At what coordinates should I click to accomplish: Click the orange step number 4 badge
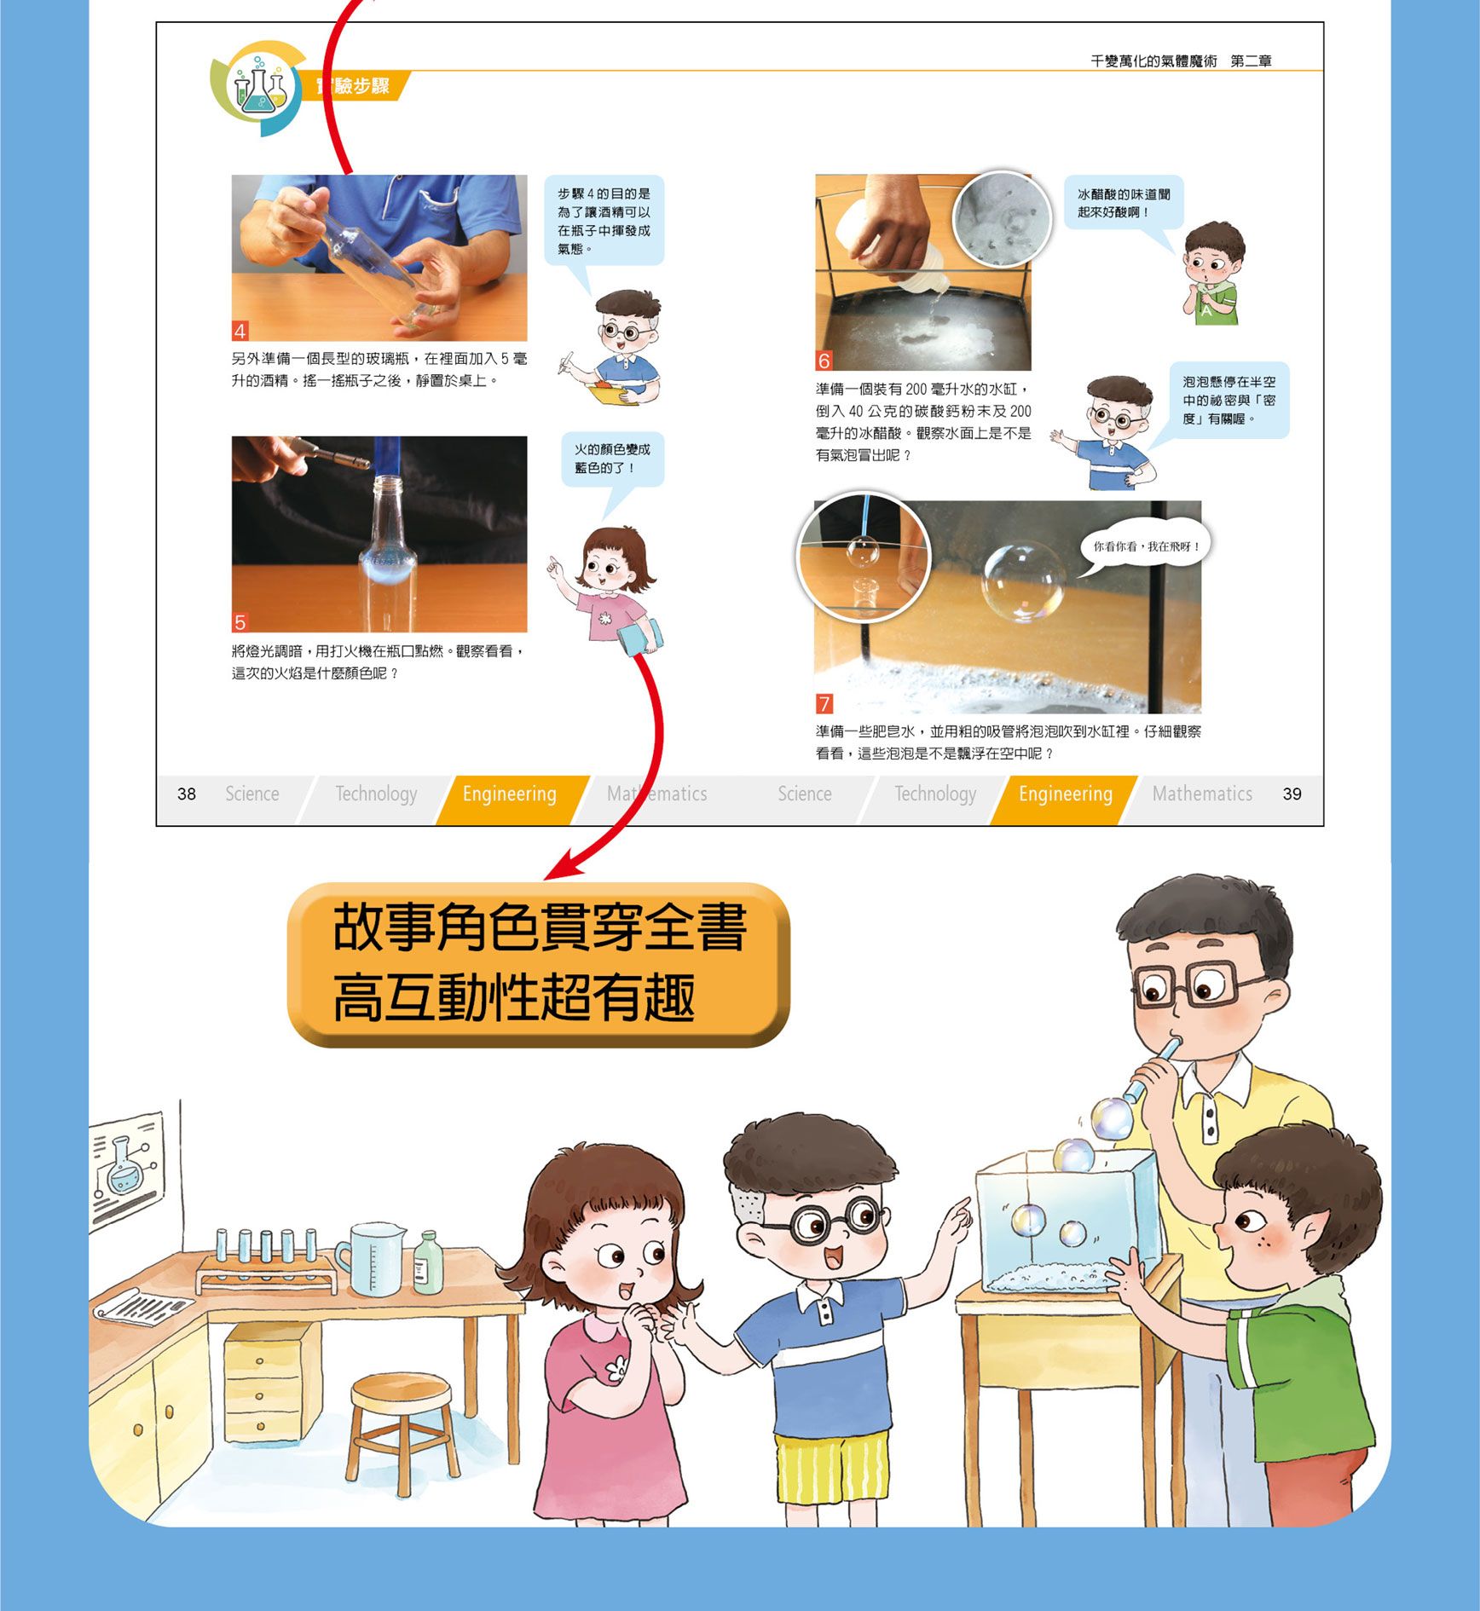point(240,331)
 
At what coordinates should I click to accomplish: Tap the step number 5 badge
point(240,622)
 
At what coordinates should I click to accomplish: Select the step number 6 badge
point(824,361)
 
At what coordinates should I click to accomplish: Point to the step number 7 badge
point(824,703)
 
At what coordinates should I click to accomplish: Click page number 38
point(187,794)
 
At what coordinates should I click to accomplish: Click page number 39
point(1292,794)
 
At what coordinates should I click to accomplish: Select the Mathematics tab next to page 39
point(1202,794)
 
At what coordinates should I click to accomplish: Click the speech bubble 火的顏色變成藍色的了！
point(612,460)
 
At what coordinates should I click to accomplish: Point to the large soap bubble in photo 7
point(1022,580)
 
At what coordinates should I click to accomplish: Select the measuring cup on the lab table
point(371,1260)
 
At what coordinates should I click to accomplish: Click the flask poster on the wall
point(128,1167)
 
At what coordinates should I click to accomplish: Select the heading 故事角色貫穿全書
point(540,927)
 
